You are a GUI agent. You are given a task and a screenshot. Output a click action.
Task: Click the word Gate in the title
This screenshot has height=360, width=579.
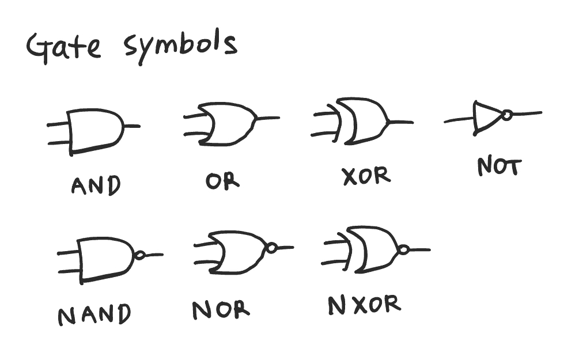63,47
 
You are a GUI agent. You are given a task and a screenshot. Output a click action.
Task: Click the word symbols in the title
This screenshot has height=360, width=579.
180,45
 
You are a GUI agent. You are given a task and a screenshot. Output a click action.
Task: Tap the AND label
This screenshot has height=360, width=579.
96,185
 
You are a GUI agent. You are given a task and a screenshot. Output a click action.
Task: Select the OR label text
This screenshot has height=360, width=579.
222,181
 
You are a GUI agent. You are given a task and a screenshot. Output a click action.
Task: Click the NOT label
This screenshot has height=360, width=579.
499,167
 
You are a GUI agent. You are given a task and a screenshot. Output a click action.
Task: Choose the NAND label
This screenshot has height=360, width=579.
94,314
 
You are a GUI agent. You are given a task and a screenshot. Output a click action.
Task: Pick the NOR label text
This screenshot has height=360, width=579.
221,310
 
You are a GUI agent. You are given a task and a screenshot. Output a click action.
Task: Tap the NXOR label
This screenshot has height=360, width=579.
364,305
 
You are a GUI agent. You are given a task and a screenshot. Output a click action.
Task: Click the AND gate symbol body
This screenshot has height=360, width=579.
95,130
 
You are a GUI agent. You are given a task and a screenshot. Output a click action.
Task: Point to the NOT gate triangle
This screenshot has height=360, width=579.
485,118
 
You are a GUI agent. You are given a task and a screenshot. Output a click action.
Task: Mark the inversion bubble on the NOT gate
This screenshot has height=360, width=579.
506,116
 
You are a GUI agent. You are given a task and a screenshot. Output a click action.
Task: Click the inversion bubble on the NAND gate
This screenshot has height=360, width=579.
139,255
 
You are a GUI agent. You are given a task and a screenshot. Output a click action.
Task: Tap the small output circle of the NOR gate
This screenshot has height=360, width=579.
271,248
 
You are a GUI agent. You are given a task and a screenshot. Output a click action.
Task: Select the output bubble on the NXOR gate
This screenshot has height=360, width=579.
404,250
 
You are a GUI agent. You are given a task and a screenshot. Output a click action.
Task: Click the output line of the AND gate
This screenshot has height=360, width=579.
132,126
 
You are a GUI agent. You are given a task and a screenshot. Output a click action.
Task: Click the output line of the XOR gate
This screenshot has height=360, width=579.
402,122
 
